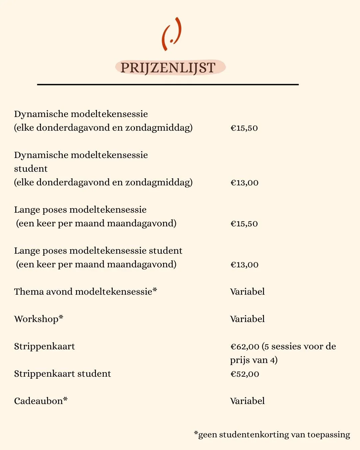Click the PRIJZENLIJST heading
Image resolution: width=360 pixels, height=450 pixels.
(168, 68)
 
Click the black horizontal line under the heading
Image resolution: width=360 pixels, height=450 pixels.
(168, 85)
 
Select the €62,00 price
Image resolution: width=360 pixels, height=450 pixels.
(245, 347)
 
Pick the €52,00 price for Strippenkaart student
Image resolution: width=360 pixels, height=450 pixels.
(245, 374)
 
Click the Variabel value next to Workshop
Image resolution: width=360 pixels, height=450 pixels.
(247, 319)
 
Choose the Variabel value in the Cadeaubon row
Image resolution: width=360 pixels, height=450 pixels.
(247, 401)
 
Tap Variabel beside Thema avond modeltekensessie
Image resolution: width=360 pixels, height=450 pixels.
(247, 292)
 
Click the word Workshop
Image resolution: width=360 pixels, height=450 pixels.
(36, 319)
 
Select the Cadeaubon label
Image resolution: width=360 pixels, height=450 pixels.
(39, 401)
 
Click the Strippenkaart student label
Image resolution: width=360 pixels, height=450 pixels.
(62, 374)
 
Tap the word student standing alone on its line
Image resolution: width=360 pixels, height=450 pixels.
(31, 169)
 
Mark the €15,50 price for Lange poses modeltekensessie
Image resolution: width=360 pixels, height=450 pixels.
(244, 224)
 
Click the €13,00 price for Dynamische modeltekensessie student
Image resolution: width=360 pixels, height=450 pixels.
(244, 183)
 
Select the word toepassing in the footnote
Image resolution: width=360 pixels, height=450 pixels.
(328, 435)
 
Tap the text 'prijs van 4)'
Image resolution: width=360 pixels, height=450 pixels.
(254, 360)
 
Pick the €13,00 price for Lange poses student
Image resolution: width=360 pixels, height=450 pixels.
(244, 265)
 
